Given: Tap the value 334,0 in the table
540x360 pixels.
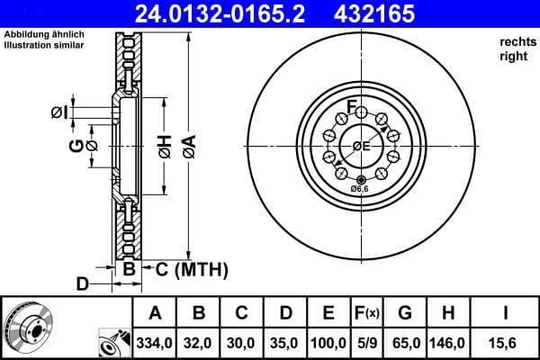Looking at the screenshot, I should tap(155, 343).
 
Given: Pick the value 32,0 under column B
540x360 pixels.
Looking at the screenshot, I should tap(199, 343).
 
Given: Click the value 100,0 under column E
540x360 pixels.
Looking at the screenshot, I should tap(328, 343).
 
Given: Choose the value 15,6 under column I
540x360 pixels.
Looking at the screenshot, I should tap(507, 343).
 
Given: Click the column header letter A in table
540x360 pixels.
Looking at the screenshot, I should tap(155, 313).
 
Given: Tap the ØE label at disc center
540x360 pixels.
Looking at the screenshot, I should tap(361, 146).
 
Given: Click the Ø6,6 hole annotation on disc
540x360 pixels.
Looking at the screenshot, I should tap(360, 189).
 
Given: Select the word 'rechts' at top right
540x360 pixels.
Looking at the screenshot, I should tap(517, 41).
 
